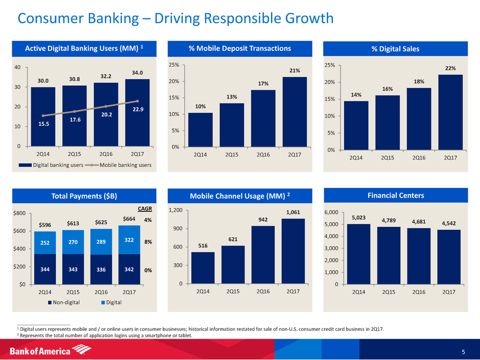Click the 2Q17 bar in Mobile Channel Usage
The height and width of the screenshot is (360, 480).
click(x=293, y=251)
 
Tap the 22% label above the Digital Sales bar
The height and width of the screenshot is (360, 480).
click(x=450, y=68)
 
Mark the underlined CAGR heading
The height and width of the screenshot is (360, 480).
click(x=146, y=209)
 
